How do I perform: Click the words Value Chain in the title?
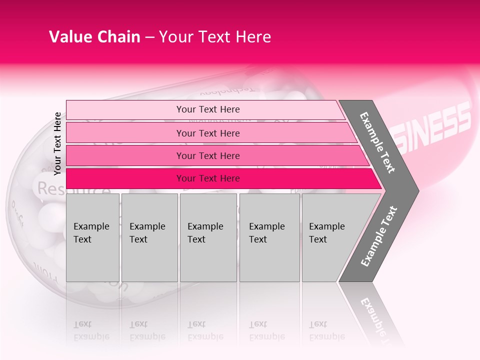(x=94, y=37)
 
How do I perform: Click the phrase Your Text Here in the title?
(x=215, y=37)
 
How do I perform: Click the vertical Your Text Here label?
(x=57, y=143)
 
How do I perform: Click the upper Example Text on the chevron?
(x=377, y=142)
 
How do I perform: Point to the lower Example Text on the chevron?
(x=379, y=236)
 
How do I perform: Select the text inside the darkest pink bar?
(x=208, y=178)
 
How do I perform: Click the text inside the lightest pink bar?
(x=208, y=109)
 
